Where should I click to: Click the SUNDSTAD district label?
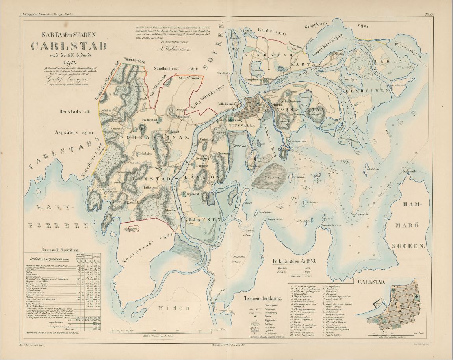(x=264, y=56)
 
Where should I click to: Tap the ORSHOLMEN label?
(x=361, y=91)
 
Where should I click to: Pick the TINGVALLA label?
(x=242, y=125)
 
